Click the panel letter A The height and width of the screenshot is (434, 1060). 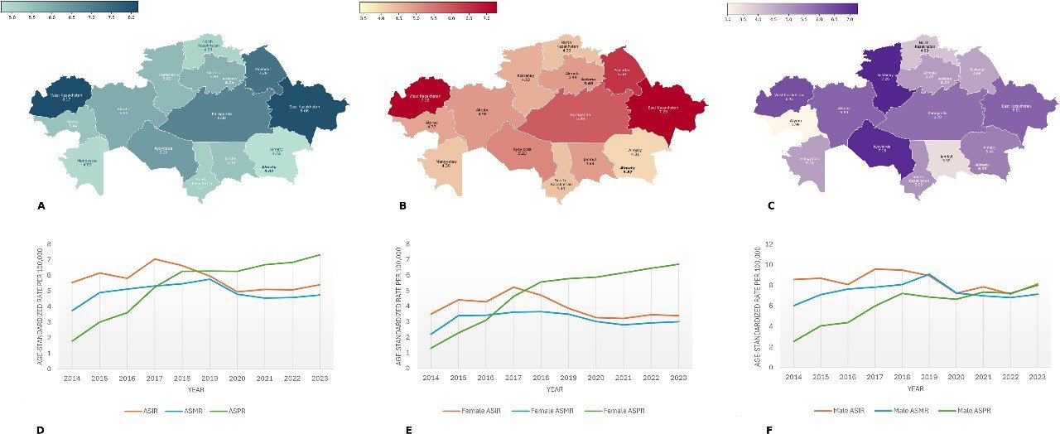41,206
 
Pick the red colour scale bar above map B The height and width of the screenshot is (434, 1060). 427,7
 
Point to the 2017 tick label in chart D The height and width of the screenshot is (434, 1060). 154,378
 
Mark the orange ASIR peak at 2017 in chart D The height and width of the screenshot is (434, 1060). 154,259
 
